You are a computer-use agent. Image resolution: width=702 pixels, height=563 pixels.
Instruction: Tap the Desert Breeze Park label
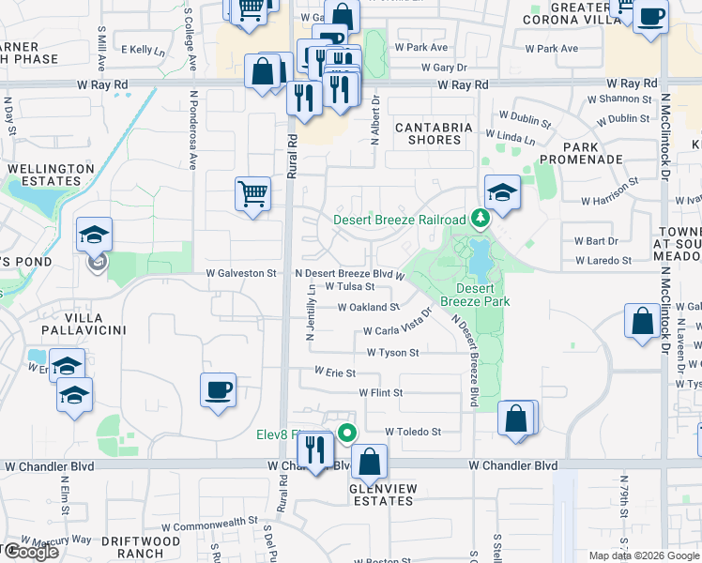(482, 295)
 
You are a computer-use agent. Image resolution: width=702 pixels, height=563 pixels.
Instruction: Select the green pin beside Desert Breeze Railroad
(481, 219)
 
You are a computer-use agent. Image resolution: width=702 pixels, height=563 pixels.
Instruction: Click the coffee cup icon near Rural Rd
(218, 390)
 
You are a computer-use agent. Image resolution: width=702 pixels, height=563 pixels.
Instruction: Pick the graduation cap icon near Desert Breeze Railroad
(502, 193)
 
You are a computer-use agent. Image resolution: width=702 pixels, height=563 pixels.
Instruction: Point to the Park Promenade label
(593, 153)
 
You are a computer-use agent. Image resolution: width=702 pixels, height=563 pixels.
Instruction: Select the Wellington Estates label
(52, 175)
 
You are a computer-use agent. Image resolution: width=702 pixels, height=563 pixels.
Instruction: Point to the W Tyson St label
(392, 353)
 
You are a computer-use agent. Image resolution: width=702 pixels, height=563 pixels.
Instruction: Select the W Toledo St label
(413, 432)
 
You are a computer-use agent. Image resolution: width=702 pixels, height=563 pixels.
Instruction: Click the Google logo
(31, 552)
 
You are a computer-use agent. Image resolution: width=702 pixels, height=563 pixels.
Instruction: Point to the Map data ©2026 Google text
(644, 555)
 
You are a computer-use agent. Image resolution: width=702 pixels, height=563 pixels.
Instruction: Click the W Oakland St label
(369, 307)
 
